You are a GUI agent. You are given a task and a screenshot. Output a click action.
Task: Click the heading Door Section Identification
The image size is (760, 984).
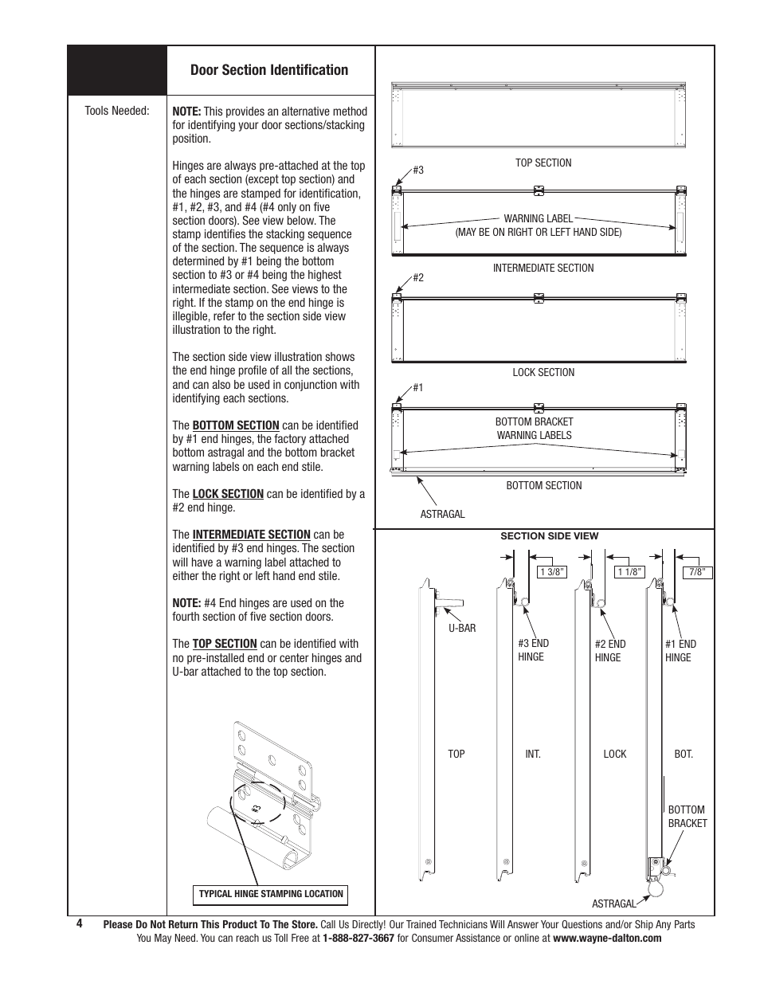point(269,70)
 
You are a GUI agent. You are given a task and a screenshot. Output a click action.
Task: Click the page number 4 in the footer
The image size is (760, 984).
point(80,923)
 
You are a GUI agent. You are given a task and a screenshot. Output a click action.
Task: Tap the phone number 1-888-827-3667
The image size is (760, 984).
point(358,939)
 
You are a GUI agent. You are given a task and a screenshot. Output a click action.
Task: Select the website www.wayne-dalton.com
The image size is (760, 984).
point(607,939)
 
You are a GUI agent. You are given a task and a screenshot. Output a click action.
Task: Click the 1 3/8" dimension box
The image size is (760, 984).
point(552,571)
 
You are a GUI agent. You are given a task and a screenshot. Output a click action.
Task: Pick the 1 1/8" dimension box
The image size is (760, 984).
point(629,571)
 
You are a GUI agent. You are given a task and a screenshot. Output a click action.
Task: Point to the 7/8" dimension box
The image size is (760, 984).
point(698,571)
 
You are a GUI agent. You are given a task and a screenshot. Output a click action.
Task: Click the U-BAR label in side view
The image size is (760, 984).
point(462,628)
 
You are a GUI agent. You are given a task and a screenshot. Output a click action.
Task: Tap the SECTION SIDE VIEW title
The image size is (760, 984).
point(549,536)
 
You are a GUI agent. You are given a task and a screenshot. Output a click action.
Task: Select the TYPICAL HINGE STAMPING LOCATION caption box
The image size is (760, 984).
point(271,894)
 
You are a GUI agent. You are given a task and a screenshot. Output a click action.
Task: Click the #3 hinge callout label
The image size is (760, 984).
point(417,171)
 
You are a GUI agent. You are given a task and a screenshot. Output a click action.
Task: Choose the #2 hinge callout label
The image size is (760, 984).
point(417,278)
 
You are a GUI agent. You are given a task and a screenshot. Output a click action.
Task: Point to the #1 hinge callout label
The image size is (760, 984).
point(417,388)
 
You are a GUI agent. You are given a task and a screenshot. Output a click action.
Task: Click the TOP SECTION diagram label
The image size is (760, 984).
point(543,163)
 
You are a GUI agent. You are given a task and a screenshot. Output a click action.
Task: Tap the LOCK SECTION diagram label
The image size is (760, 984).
point(543,372)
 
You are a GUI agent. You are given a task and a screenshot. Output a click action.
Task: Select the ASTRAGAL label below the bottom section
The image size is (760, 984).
point(442,514)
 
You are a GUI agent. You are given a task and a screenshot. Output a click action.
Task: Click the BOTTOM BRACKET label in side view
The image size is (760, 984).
point(687,816)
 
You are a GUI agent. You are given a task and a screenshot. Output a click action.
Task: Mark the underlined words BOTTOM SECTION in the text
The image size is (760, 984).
point(236,425)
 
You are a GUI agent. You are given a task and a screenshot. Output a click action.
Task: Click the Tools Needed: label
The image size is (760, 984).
point(117,111)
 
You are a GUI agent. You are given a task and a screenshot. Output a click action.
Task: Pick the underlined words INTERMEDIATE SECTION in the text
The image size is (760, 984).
point(251,535)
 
